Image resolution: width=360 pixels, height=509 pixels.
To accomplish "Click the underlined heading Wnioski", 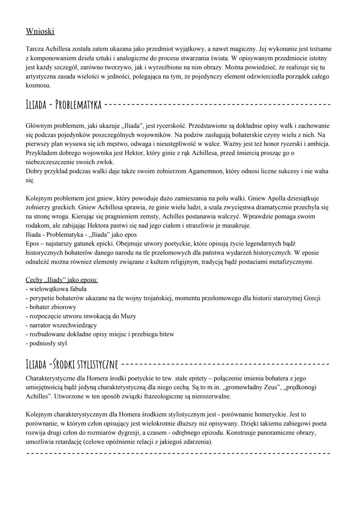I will pyautogui.click(x=40, y=31).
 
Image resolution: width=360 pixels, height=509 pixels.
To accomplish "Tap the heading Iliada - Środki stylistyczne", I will pyautogui.click(x=72, y=364).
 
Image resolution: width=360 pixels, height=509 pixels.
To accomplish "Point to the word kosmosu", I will pyautogui.click(x=38, y=85).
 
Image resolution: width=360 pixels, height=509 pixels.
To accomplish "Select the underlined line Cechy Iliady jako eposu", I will pyautogui.click(x=62, y=280).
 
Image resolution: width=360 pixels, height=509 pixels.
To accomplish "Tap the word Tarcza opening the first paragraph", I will pyautogui.click(x=34, y=49).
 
